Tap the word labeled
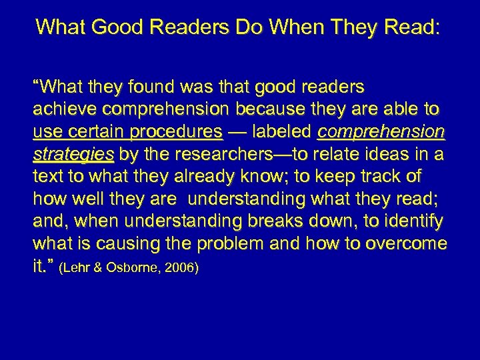click(x=283, y=132)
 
